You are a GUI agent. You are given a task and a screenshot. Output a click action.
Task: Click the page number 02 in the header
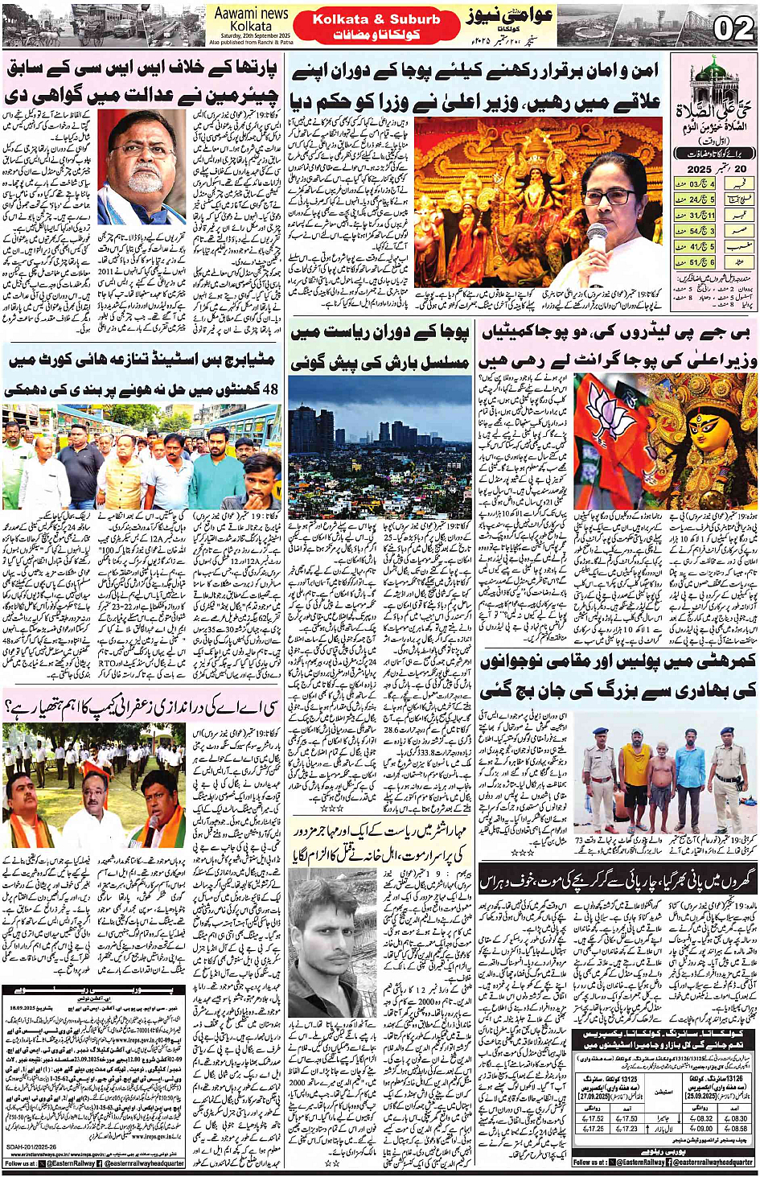click(x=733, y=28)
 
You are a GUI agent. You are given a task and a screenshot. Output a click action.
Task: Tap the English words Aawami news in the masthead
click(x=251, y=14)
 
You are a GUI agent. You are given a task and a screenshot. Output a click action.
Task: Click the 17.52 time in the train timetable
click(x=596, y=1118)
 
